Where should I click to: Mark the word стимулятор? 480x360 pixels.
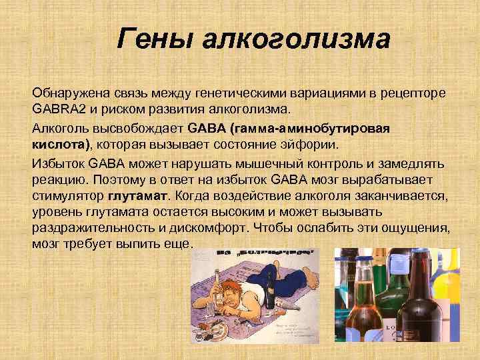(x=67, y=196)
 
